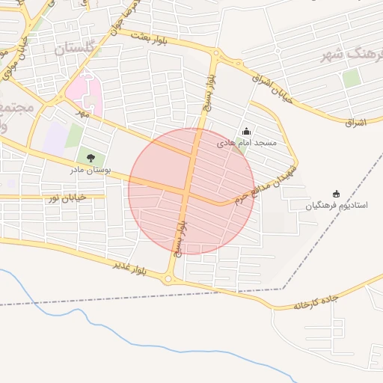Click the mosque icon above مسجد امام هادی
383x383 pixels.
point(247,132)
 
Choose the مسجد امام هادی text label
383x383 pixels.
point(247,142)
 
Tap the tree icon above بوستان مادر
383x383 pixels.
point(91,158)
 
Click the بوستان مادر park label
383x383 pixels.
point(91,170)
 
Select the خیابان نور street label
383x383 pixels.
point(68,197)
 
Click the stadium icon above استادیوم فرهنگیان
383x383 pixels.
point(335,194)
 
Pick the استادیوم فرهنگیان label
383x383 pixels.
point(336,205)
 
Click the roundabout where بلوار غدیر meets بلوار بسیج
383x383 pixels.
point(168,280)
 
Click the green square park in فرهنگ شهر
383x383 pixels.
point(352,78)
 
